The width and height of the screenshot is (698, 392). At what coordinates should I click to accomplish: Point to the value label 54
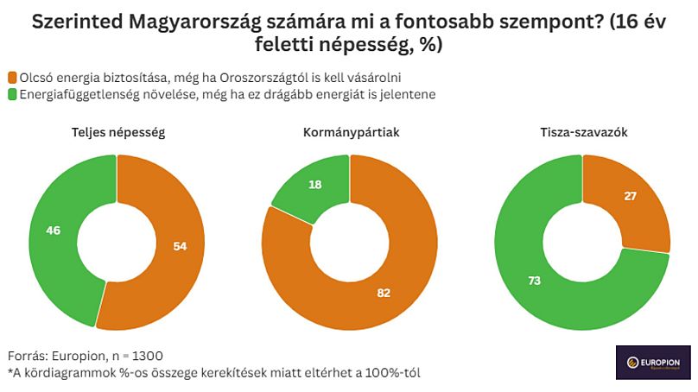click(x=180, y=246)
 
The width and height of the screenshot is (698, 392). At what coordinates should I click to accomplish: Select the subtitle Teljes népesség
click(x=117, y=133)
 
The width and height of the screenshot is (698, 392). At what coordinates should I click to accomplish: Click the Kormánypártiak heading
click(x=350, y=133)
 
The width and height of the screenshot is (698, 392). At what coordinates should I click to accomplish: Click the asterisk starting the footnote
click(x=10, y=372)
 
